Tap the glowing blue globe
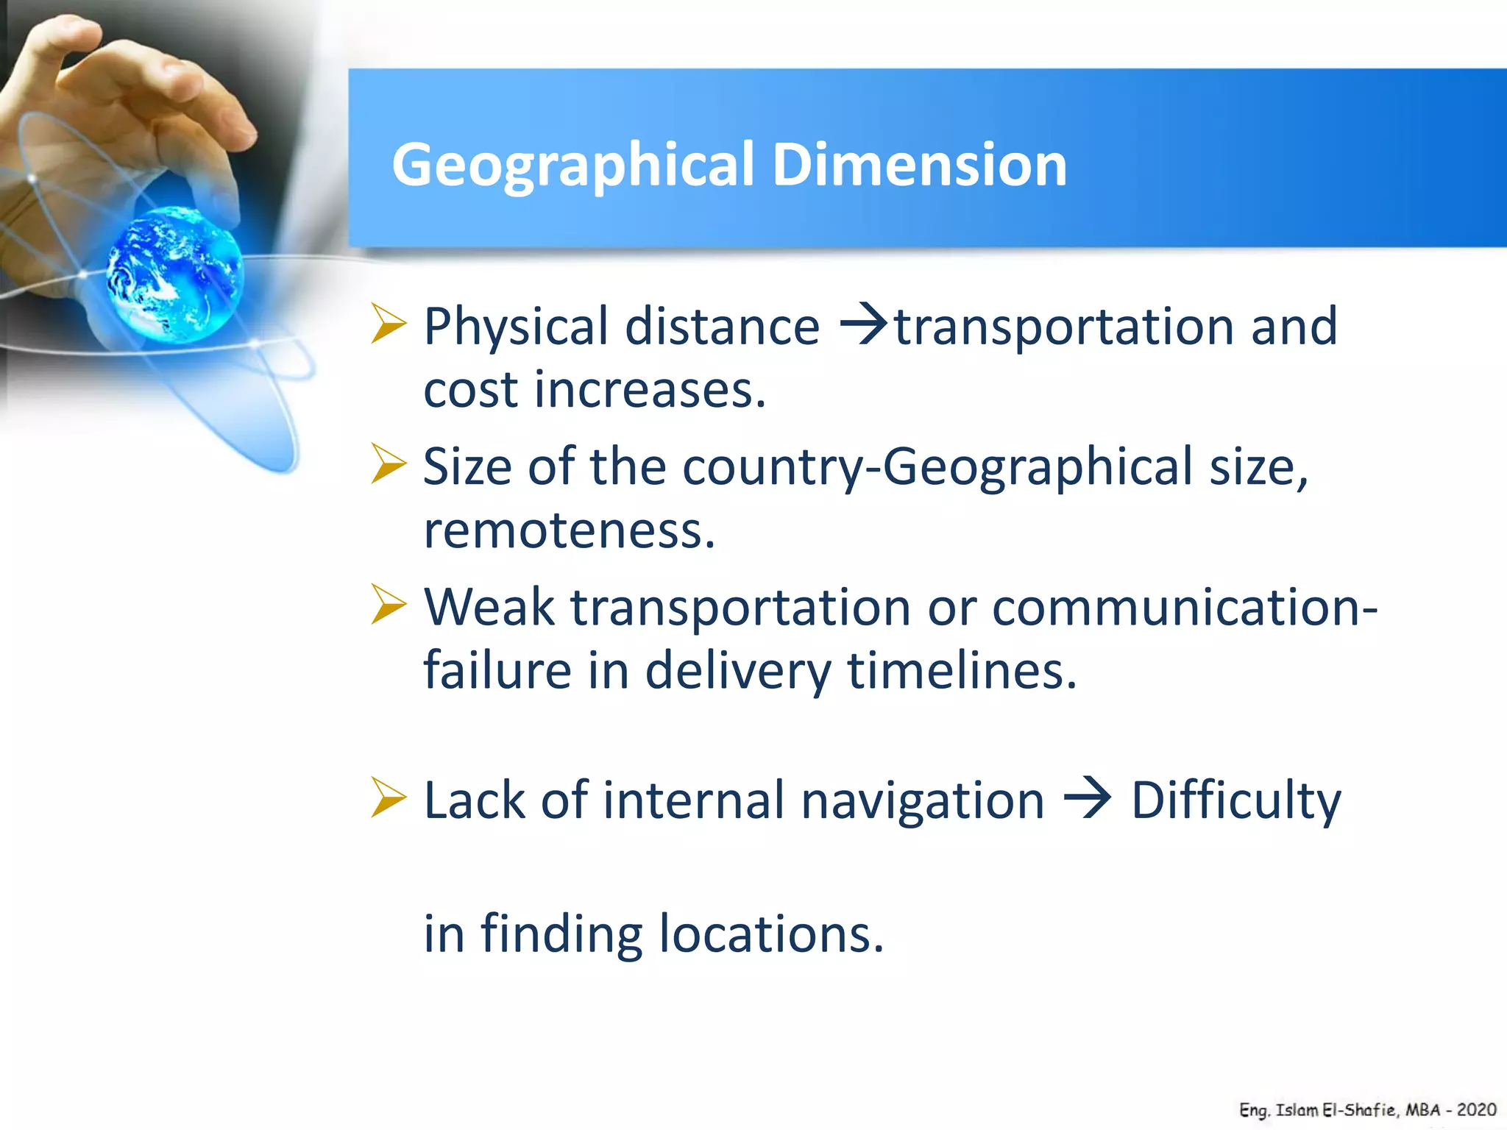tap(175, 274)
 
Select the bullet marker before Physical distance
tap(388, 324)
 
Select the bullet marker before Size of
tap(388, 464)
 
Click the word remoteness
tap(569, 530)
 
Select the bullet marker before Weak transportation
tap(388, 605)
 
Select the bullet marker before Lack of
tap(388, 798)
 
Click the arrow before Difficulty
tap(1088, 800)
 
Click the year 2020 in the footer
tap(1476, 1109)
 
